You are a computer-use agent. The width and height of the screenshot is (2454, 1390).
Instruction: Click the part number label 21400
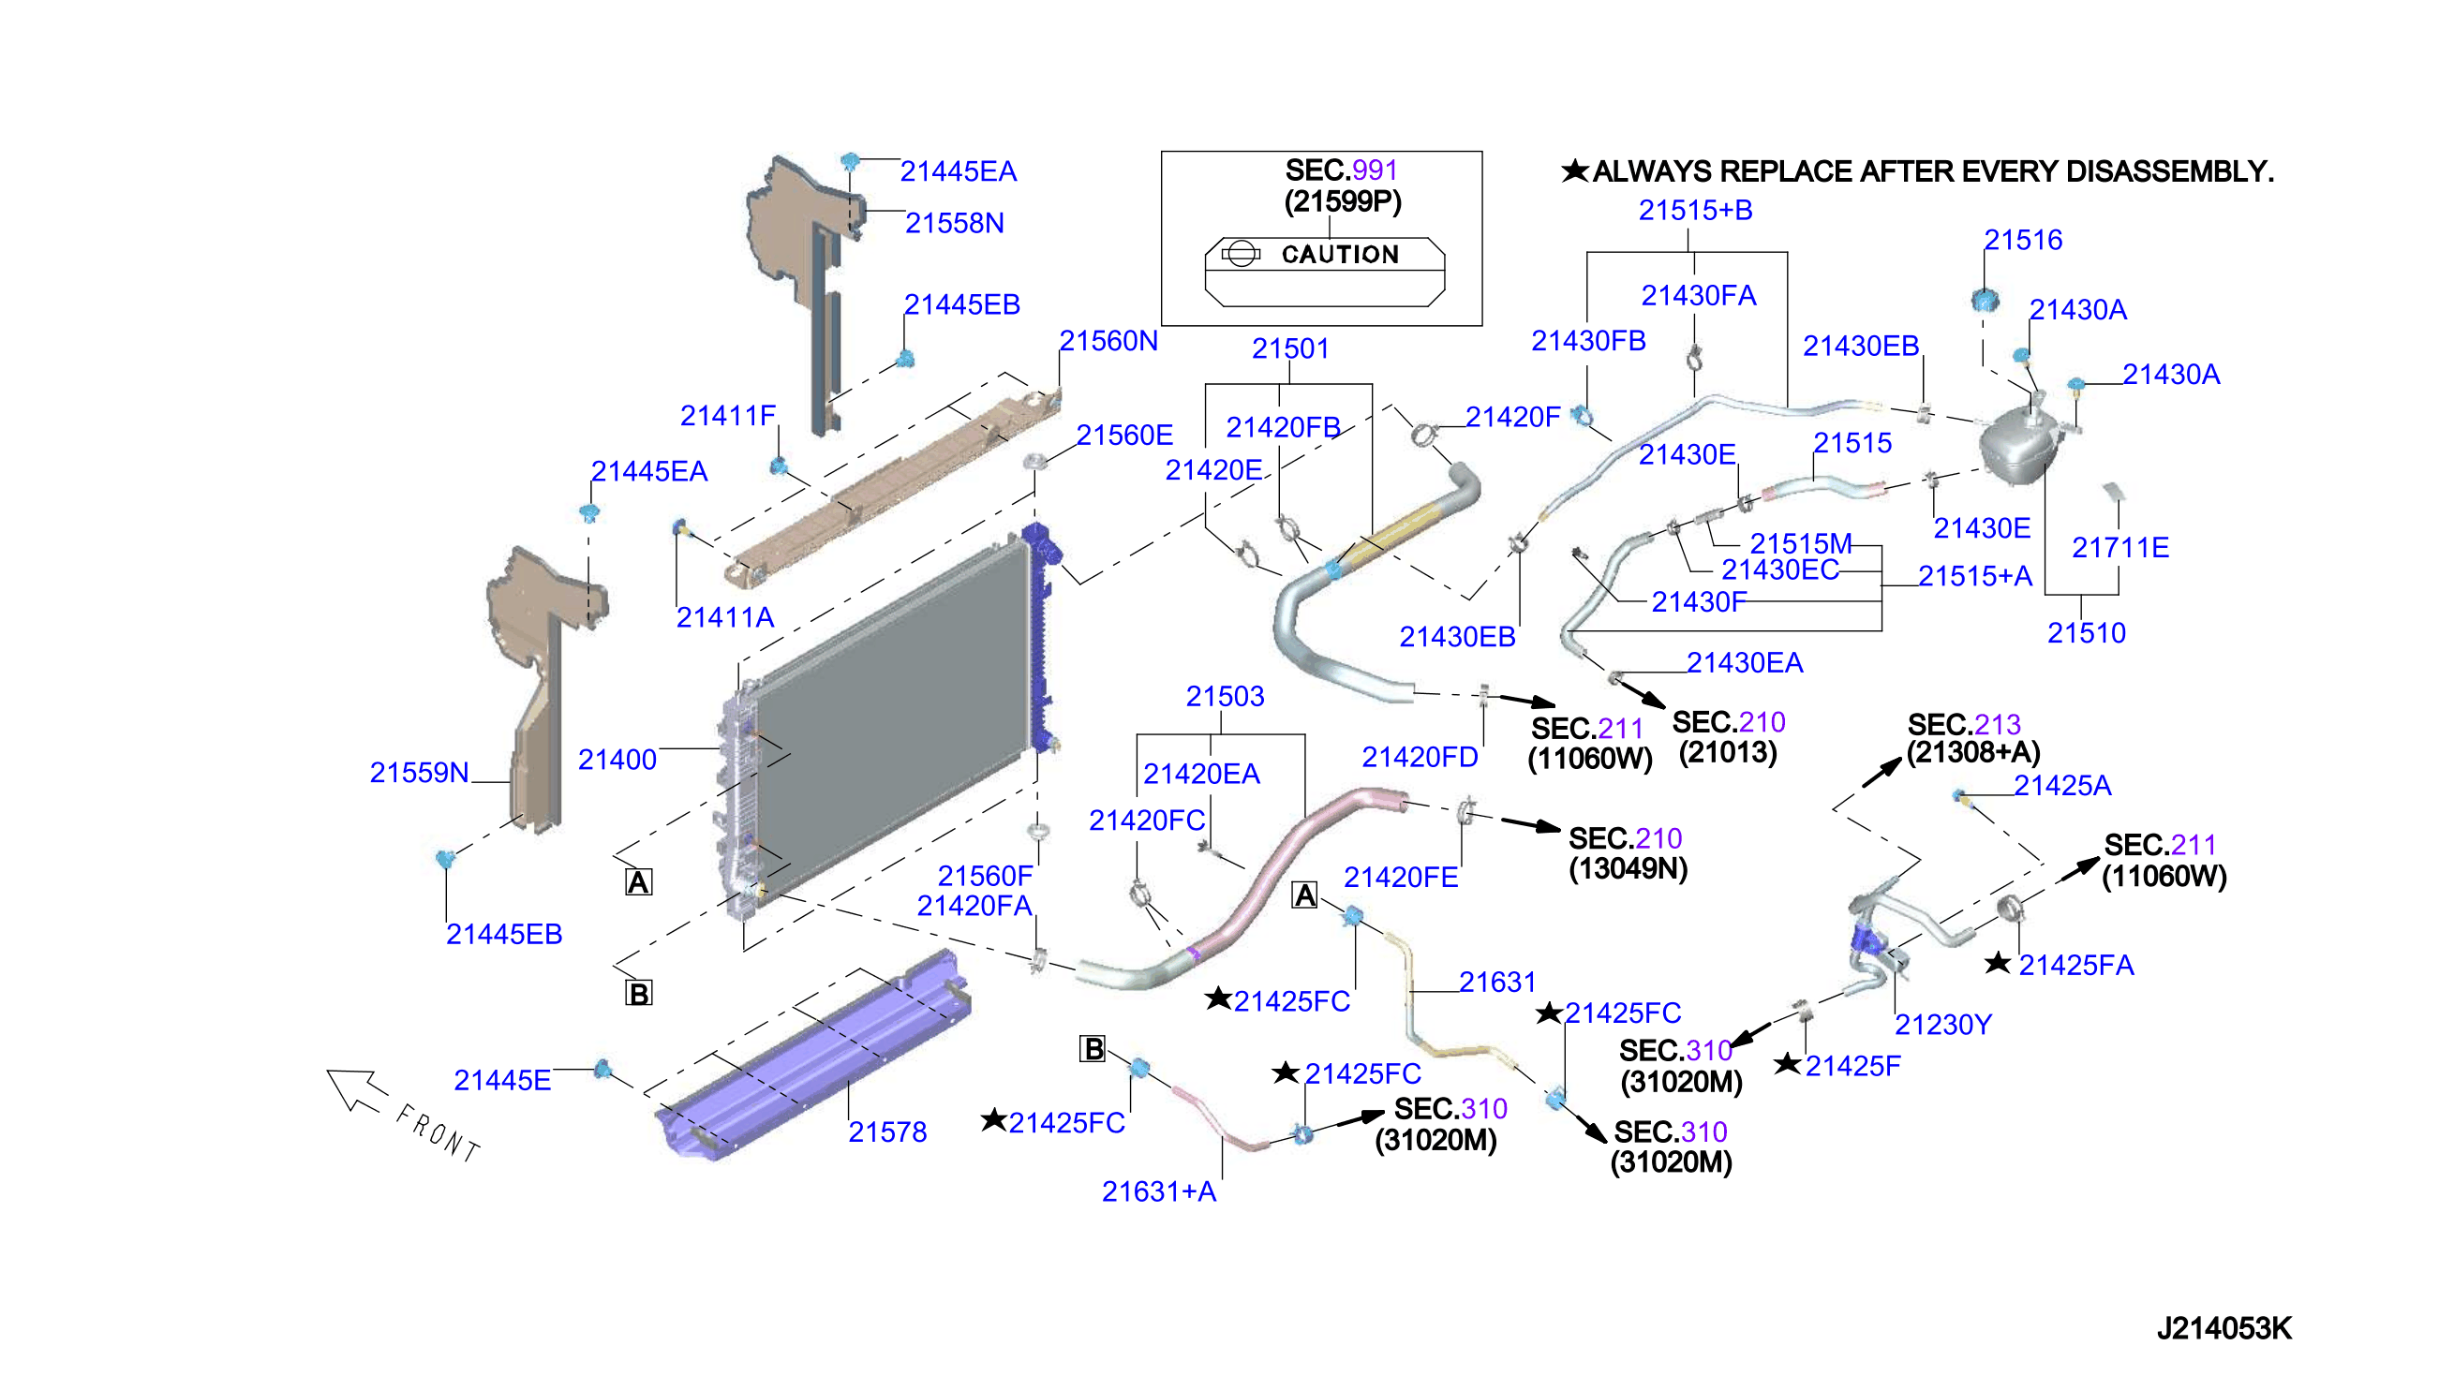(617, 760)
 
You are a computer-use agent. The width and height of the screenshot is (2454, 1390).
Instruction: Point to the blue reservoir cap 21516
(1986, 300)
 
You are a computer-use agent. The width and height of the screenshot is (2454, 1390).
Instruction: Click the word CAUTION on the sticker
(1340, 254)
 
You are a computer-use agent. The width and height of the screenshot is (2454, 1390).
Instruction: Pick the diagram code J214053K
(2223, 1328)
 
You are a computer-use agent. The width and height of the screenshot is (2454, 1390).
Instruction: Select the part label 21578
(887, 1132)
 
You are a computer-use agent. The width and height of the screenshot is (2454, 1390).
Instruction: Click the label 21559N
(419, 773)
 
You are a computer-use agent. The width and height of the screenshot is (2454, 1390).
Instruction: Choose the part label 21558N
(955, 223)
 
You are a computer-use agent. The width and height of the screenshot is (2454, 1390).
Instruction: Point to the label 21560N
(1108, 341)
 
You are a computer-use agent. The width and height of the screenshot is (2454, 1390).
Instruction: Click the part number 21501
(1291, 348)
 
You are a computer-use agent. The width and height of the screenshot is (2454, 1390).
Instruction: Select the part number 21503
(1225, 696)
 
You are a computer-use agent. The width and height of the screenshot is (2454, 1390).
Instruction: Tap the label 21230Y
(1943, 1025)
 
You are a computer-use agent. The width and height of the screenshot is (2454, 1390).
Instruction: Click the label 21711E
(2119, 548)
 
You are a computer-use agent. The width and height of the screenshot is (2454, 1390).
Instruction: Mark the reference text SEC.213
(1964, 725)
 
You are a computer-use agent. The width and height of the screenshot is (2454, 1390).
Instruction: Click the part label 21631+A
(1159, 1191)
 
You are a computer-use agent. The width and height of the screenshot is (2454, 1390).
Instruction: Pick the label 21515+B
(1696, 210)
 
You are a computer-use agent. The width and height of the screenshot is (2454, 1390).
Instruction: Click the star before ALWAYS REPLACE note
(1574, 170)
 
